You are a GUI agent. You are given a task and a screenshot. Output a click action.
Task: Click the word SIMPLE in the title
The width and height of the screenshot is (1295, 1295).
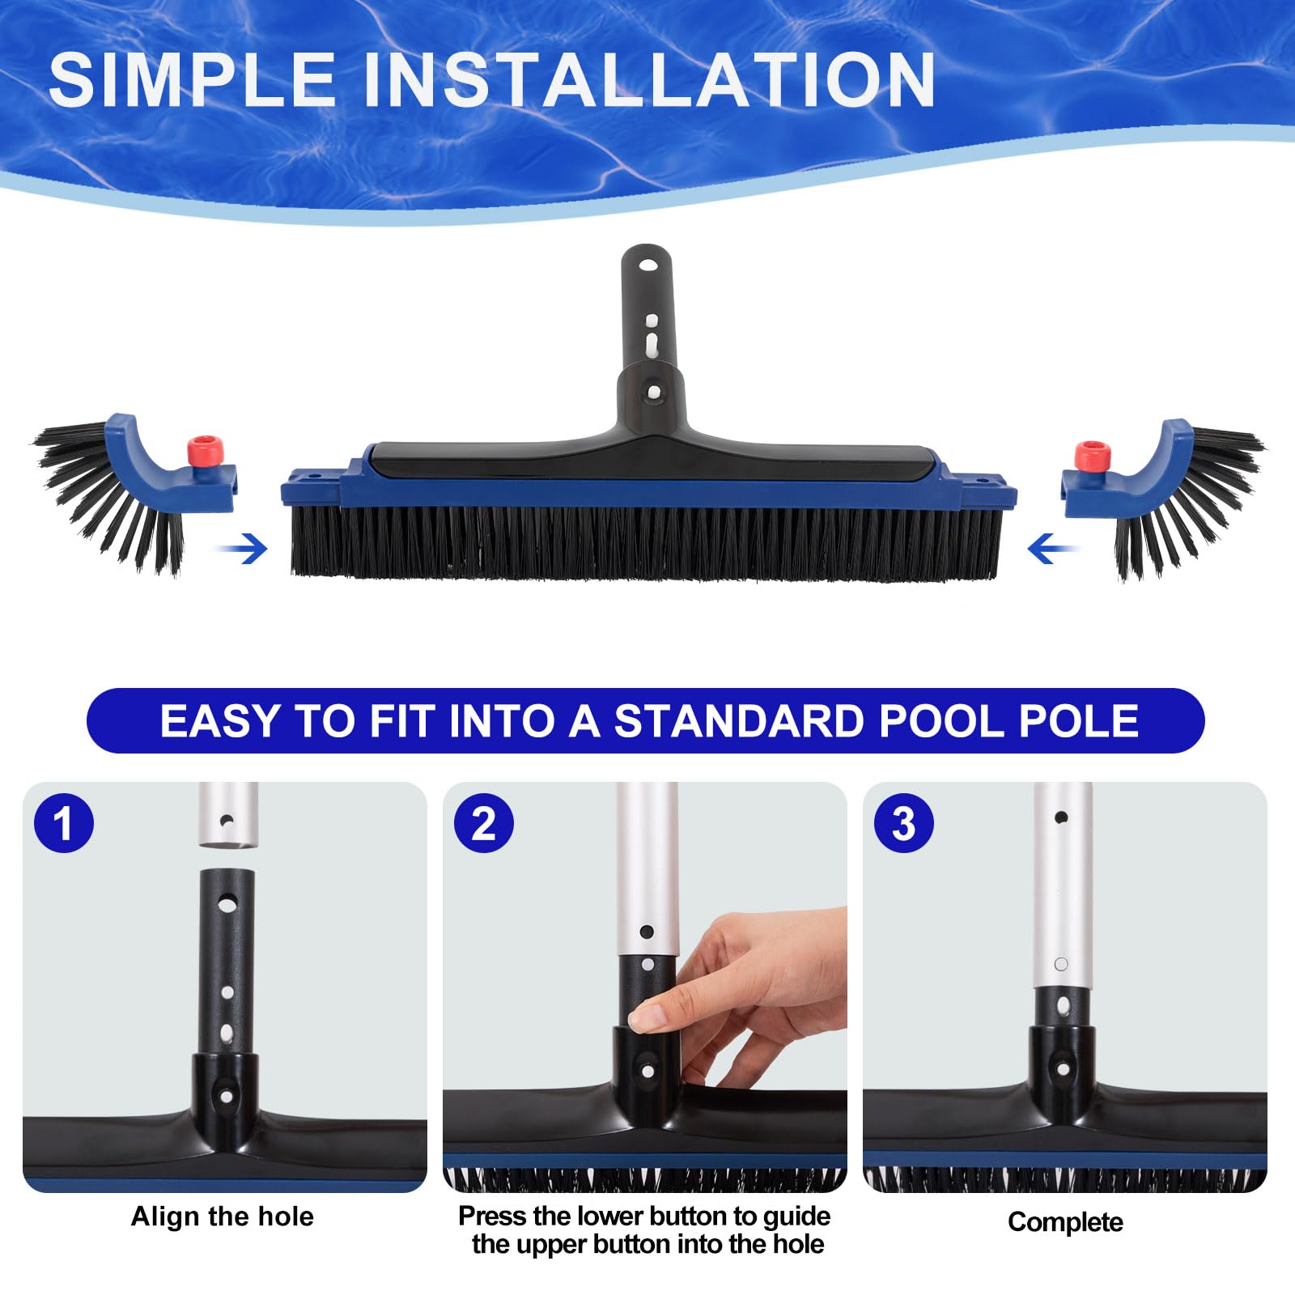pos(193,79)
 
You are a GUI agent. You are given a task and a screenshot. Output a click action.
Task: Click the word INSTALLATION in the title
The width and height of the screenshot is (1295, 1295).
pos(650,79)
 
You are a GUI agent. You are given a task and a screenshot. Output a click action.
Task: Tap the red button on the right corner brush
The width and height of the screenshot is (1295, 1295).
pos(1091,456)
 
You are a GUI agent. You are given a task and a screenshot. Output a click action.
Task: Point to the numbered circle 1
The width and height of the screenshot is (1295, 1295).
pos(64,823)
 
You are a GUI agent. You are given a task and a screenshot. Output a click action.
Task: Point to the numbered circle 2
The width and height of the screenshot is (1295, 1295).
pos(483,823)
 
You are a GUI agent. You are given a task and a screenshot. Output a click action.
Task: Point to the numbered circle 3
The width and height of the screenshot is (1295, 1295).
pos(904,823)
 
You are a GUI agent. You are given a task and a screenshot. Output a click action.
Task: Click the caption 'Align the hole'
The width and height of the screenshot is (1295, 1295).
pos(223,1216)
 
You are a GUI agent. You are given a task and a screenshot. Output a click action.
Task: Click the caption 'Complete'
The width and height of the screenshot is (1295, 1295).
pos(1065,1222)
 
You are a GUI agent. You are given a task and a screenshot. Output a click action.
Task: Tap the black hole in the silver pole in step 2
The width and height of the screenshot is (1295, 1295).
pos(646,932)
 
